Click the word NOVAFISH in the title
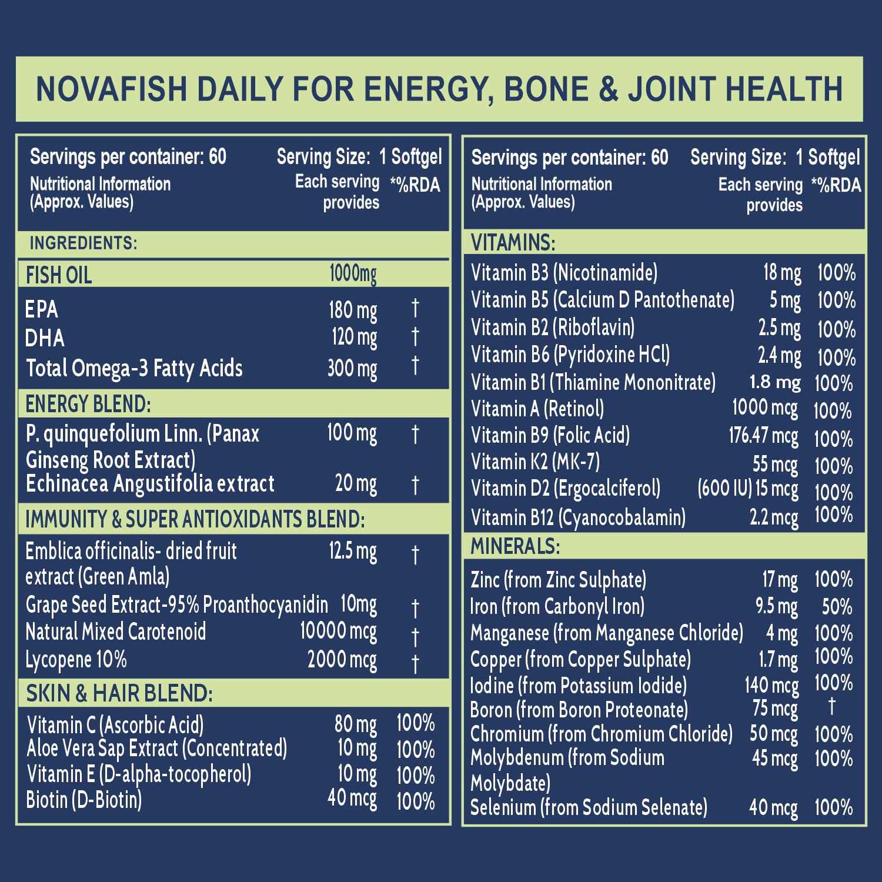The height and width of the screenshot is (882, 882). tap(112, 89)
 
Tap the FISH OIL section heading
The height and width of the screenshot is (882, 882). tap(59, 275)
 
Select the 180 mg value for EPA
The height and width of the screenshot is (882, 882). tap(353, 310)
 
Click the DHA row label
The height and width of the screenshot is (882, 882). tap(45, 338)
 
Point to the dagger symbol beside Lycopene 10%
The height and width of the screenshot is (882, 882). tap(415, 663)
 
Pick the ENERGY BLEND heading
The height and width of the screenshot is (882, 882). tap(88, 404)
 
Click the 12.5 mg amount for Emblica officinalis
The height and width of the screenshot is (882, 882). tap(353, 552)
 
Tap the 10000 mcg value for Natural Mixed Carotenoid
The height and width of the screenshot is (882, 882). tap(338, 631)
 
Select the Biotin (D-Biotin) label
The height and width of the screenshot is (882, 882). tap(84, 800)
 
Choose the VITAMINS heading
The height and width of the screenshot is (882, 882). tap(513, 242)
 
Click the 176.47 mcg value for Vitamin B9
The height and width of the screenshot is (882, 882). tap(763, 436)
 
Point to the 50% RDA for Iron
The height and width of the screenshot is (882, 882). tap(837, 606)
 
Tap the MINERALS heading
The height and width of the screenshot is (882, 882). tap(515, 546)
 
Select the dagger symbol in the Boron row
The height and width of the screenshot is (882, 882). tap(831, 706)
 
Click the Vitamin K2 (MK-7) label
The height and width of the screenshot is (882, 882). tap(535, 462)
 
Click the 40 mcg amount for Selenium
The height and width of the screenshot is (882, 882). tap(773, 807)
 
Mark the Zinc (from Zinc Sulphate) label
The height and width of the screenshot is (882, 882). tap(558, 580)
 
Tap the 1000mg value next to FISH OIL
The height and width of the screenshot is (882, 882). tap(353, 273)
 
